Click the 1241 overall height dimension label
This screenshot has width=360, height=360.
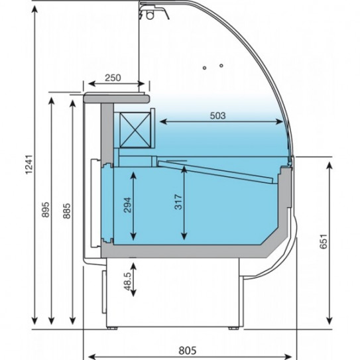pyautogui.click(x=29, y=164)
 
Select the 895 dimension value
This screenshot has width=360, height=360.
pyautogui.click(x=46, y=210)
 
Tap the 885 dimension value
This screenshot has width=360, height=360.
pyautogui.click(x=66, y=211)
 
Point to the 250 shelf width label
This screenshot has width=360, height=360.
pyautogui.click(x=113, y=78)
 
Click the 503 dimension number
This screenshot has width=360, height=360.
pyautogui.click(x=218, y=115)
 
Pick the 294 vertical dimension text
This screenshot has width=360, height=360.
pyautogui.click(x=127, y=205)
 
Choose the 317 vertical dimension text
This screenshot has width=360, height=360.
pyautogui.click(x=178, y=202)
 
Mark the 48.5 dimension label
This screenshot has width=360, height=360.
pyautogui.click(x=128, y=281)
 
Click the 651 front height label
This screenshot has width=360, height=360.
pyautogui.click(x=324, y=241)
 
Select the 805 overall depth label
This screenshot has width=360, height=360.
pyautogui.click(x=188, y=351)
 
